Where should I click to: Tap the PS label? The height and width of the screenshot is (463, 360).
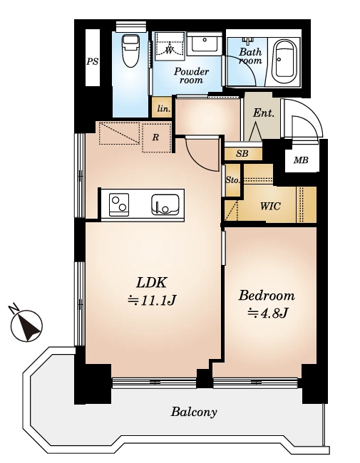(x=92, y=62)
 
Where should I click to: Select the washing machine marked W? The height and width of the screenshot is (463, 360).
(x=170, y=46)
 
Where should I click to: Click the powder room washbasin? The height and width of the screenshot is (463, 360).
(x=204, y=44)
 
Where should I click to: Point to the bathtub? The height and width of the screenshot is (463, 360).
(x=284, y=61)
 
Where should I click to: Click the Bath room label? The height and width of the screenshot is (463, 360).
(x=250, y=56)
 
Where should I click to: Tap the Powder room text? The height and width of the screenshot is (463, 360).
(x=191, y=76)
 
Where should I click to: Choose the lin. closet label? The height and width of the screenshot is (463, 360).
(x=164, y=109)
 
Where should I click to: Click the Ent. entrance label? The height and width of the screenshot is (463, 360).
(x=264, y=113)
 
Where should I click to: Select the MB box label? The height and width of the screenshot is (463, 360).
(x=301, y=160)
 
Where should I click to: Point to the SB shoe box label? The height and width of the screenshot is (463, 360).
(x=242, y=154)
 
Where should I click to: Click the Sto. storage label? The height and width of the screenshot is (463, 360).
(x=232, y=180)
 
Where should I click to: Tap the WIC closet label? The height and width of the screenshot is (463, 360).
(x=270, y=206)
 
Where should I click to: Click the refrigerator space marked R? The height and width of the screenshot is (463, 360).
(x=155, y=137)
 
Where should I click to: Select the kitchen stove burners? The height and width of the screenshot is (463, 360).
(x=119, y=204)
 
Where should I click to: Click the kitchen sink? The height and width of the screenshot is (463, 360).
(x=165, y=204)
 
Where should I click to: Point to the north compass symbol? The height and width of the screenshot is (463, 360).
(x=26, y=325)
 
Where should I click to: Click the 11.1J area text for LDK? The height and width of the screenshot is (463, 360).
(x=152, y=301)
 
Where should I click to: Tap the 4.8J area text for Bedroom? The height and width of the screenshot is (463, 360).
(x=267, y=313)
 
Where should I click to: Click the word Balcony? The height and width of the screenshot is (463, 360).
(x=194, y=412)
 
